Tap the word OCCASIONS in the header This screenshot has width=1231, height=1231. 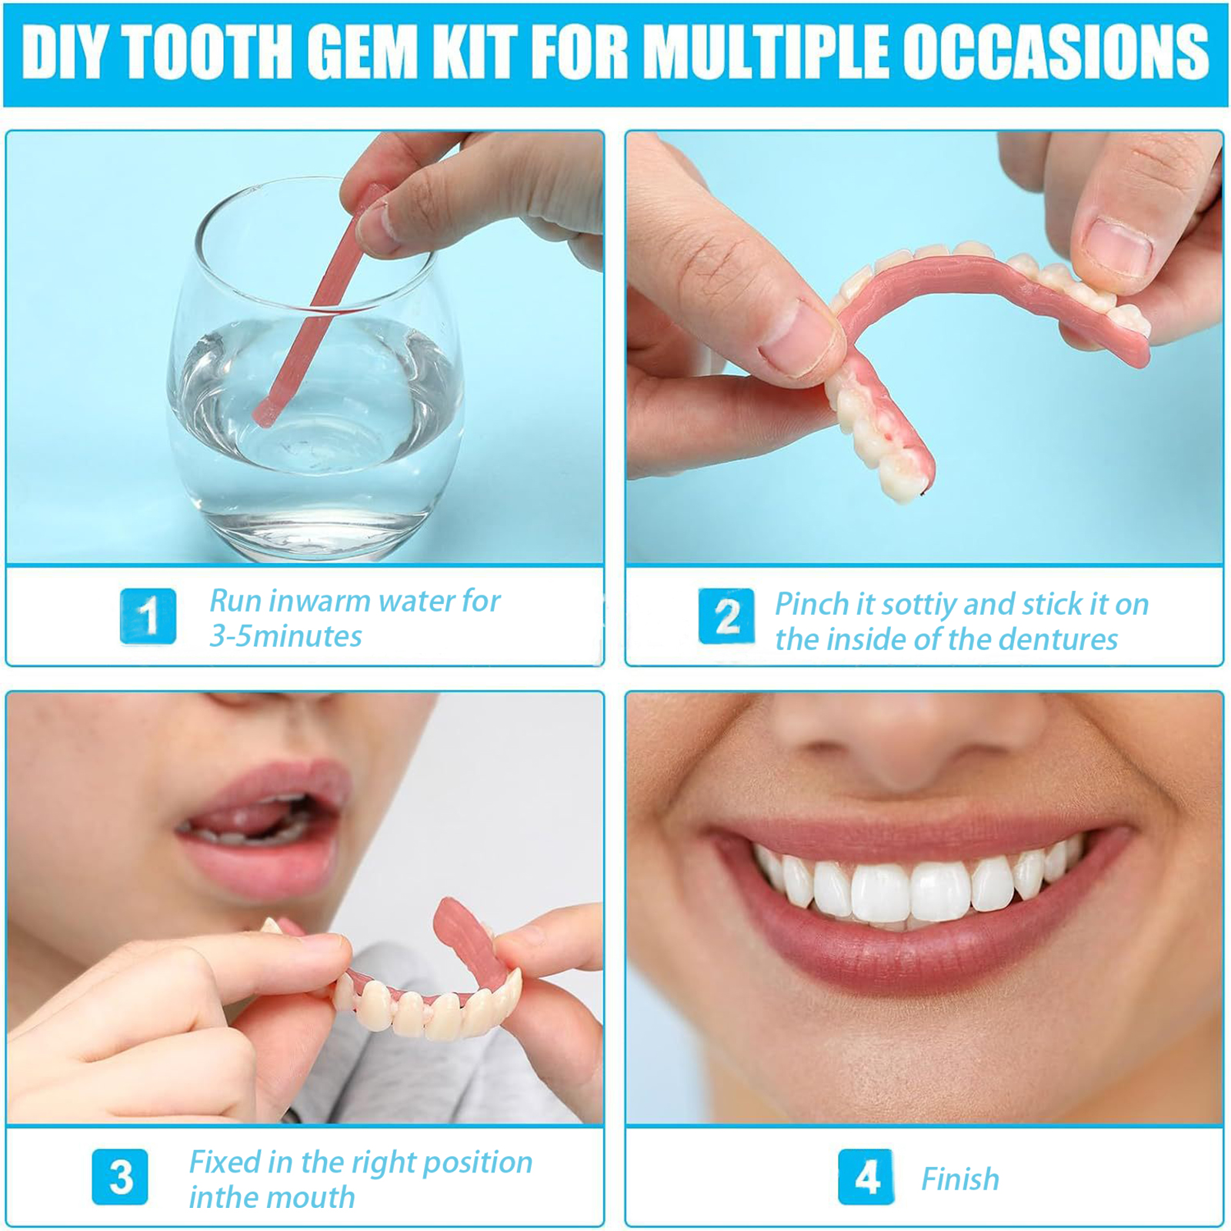(1055, 52)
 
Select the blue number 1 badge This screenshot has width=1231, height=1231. (148, 616)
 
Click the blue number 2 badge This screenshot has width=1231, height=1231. (726, 616)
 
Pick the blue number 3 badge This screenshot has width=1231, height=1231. (120, 1177)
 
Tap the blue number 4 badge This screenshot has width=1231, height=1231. (866, 1177)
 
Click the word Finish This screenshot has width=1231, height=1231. (960, 1179)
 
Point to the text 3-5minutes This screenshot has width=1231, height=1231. (285, 636)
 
